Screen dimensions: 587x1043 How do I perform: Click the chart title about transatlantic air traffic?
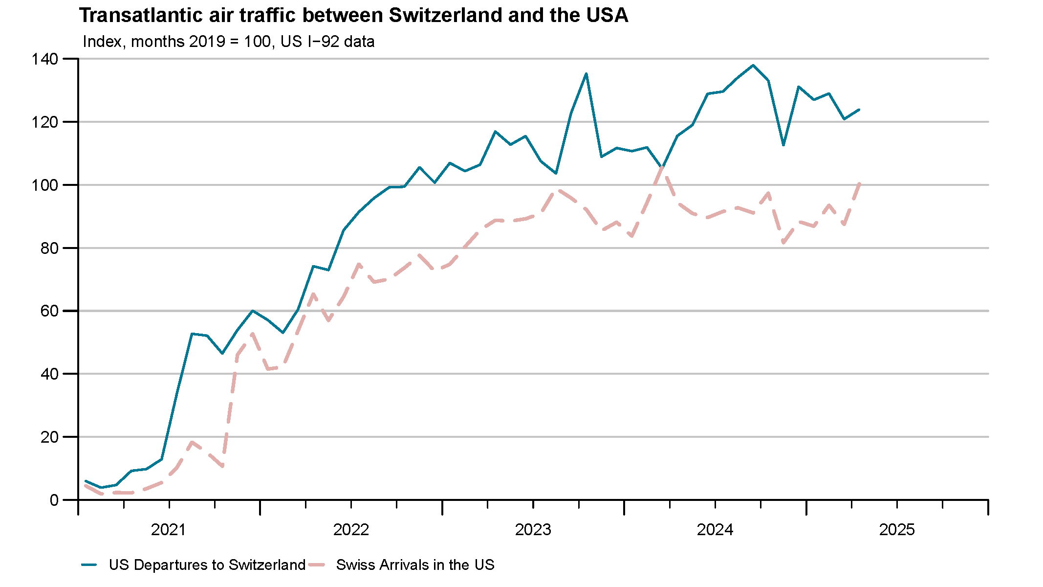(353, 16)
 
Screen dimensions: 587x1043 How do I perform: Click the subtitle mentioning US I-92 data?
(228, 42)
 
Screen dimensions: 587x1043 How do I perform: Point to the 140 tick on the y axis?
(45, 59)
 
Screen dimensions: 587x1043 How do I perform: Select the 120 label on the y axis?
(45, 122)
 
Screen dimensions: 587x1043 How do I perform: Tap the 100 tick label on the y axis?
(45, 185)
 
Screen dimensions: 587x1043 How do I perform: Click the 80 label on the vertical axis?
(49, 248)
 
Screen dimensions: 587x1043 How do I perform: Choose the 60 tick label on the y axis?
(49, 311)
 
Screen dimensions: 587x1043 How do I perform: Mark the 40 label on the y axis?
(49, 374)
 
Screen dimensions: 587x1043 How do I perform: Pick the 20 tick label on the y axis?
(49, 437)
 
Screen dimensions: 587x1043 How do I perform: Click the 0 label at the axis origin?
(54, 500)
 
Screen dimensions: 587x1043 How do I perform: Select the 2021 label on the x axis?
(169, 530)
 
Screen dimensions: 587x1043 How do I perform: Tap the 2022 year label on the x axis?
(351, 530)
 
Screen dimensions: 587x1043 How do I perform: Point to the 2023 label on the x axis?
(533, 530)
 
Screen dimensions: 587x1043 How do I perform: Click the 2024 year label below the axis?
(715, 530)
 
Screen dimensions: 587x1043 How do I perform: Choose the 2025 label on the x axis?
(897, 530)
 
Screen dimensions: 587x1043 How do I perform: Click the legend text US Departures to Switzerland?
(207, 565)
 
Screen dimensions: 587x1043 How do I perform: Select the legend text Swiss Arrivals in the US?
(415, 565)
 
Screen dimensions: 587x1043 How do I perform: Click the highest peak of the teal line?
(753, 65)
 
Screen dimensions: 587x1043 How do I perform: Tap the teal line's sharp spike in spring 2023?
(586, 73)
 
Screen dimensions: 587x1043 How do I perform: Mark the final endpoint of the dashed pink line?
(859, 183)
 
